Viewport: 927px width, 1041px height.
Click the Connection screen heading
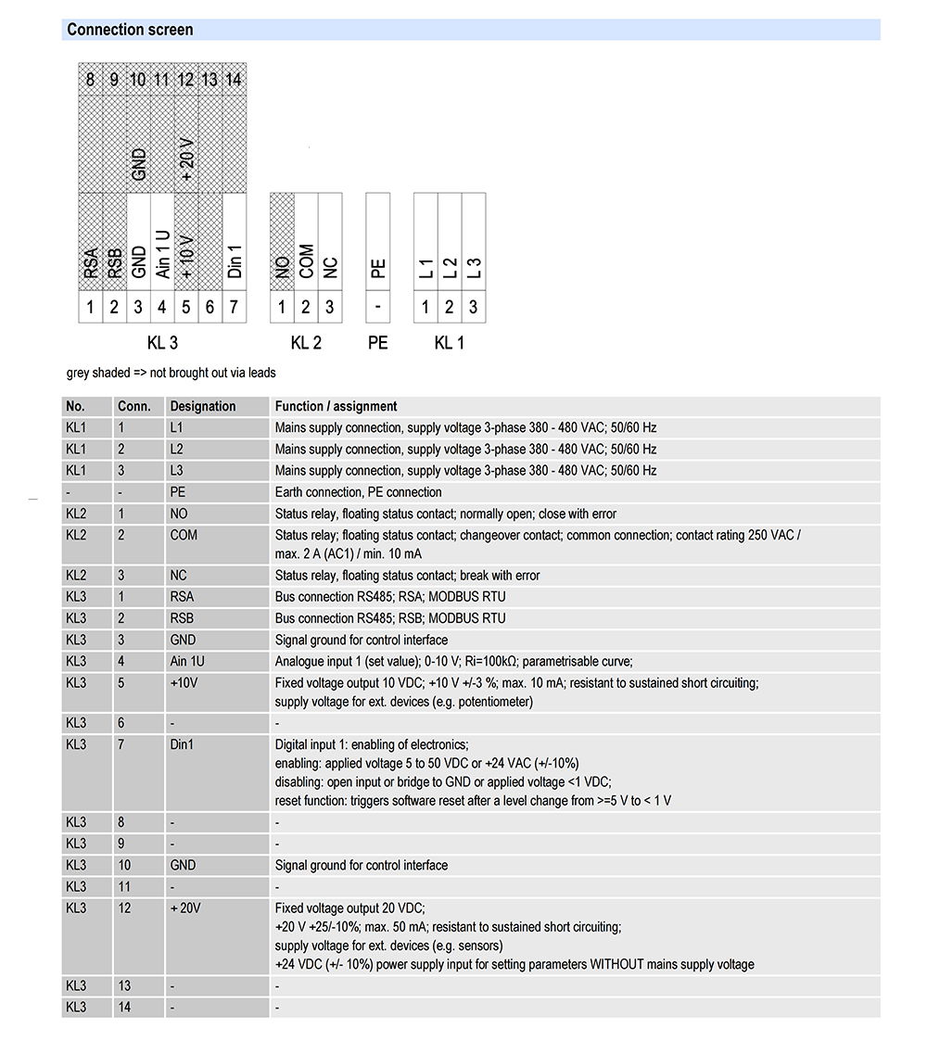[130, 30]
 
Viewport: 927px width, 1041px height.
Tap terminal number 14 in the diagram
[234, 80]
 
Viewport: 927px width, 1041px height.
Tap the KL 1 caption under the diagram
[449, 343]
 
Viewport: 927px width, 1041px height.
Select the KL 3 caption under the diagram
[162, 343]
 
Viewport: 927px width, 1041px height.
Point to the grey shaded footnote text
[171, 373]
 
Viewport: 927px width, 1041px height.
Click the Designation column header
[203, 406]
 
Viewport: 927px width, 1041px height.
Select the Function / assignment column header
[336, 406]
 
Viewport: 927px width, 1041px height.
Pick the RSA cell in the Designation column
[182, 597]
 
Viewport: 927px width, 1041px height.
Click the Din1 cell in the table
[183, 744]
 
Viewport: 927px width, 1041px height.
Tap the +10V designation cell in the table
[184, 682]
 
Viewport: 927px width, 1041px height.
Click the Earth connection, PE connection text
[359, 492]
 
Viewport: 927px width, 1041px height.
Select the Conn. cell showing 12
[125, 908]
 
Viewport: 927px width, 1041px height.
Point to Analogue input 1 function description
[453, 661]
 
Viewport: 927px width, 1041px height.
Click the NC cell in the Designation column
[179, 576]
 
